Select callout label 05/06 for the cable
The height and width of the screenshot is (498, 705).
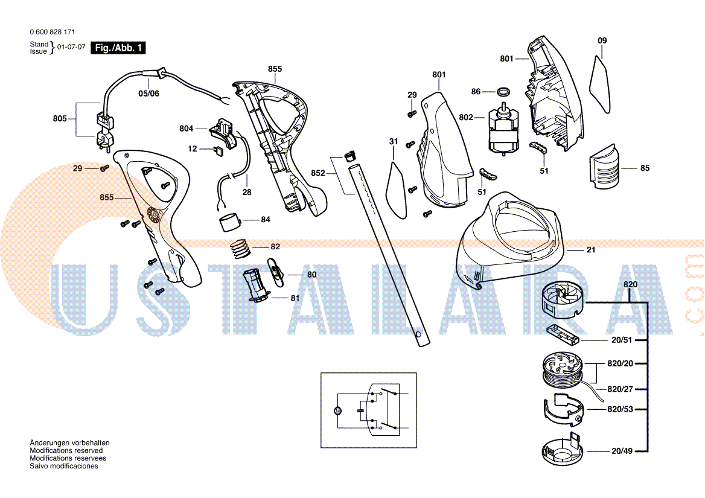point(148,94)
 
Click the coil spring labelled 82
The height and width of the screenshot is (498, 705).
point(240,248)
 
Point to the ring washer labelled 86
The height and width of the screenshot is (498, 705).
point(502,92)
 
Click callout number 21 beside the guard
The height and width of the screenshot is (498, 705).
point(590,250)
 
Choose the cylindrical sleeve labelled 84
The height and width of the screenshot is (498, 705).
point(230,222)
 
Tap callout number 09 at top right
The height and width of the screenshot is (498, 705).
point(602,41)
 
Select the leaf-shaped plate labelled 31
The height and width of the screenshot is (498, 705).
point(396,188)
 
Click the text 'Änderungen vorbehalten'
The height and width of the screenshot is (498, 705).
point(69,443)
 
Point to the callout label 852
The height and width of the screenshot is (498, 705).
point(318,173)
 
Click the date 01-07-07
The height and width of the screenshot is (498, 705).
point(71,47)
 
